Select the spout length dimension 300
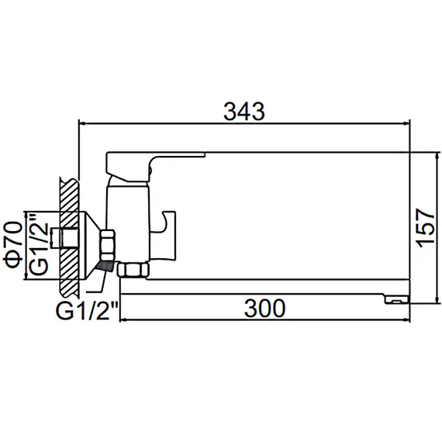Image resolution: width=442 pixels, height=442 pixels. click(264, 308)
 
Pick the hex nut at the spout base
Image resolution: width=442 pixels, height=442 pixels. click(136, 271)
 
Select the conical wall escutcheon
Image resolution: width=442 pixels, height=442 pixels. click(94, 241)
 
